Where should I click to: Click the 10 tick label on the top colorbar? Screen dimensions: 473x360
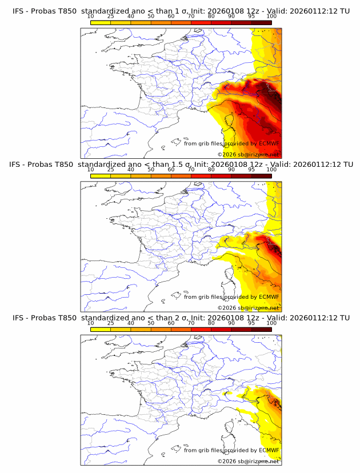[x=91, y=16]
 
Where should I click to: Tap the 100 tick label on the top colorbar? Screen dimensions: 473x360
[x=271, y=16]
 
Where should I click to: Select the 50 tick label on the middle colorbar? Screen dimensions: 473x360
[x=151, y=169]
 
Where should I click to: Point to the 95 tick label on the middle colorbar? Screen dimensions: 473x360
[x=251, y=169]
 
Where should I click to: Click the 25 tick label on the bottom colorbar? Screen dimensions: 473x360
[x=111, y=323]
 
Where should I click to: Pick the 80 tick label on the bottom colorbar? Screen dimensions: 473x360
[x=211, y=323]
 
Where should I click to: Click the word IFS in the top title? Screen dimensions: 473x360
[x=18, y=11]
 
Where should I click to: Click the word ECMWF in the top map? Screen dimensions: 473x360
[x=269, y=143]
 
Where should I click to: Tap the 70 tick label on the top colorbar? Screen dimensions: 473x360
[x=191, y=16]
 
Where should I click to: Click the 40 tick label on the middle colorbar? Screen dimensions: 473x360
[x=131, y=169]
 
